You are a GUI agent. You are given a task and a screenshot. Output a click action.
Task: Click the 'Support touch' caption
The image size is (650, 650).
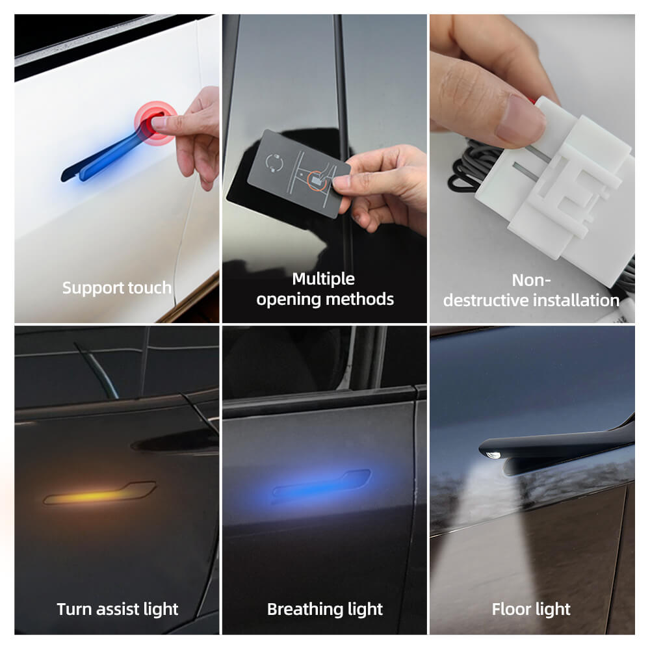tap(117, 287)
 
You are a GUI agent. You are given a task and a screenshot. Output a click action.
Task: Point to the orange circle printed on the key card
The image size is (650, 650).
tap(317, 180)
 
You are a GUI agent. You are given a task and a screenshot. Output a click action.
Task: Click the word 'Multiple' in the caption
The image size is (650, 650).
tap(323, 279)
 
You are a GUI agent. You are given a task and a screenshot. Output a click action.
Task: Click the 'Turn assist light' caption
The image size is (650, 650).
tap(117, 609)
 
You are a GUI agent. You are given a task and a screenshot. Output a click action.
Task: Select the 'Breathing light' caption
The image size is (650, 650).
tap(325, 609)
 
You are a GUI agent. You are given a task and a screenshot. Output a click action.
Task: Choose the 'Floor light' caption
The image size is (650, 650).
tap(531, 609)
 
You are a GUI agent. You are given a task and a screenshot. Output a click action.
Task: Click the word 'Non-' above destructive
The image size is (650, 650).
tap(531, 279)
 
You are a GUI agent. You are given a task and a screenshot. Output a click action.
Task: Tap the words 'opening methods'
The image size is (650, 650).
tap(325, 299)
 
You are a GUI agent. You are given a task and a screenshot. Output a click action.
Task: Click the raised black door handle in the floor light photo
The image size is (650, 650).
tap(559, 439)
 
